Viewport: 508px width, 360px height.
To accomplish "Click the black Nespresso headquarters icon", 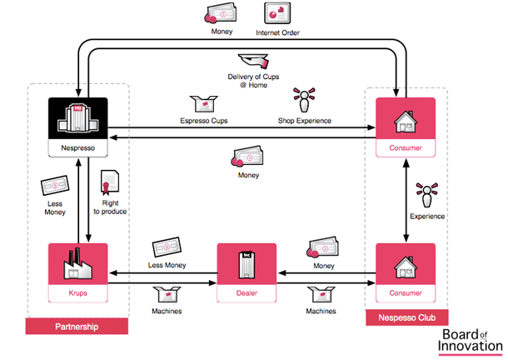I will (77, 118).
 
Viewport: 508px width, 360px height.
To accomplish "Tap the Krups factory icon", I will (77, 265).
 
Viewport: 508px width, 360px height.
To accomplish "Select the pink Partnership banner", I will (77, 327).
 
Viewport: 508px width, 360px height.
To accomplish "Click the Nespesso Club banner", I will (406, 318).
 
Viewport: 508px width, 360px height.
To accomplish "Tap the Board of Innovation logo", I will (471, 342).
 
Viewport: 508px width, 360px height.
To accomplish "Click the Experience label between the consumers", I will (428, 217).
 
